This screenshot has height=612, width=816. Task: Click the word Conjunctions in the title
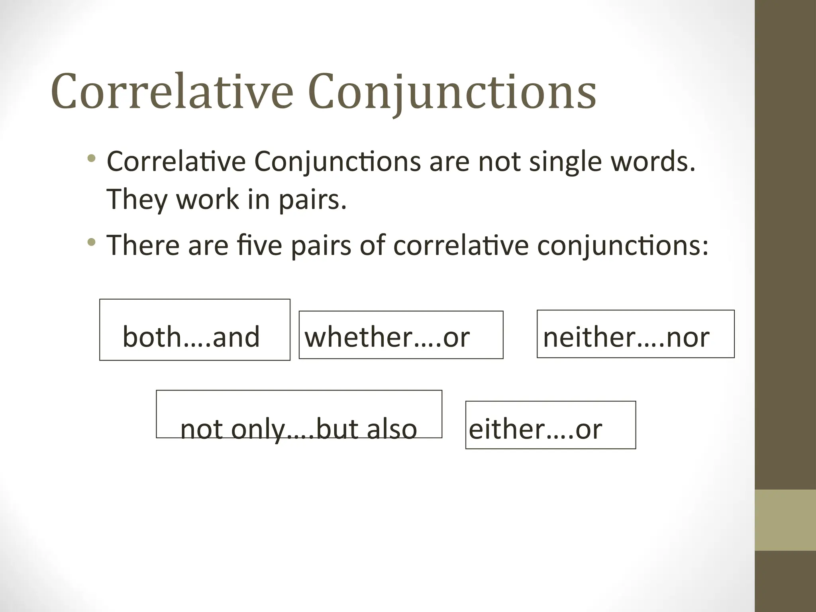(452, 92)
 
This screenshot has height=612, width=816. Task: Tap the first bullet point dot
(92, 159)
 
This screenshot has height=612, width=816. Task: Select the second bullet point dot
(92, 242)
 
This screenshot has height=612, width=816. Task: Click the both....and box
(195, 330)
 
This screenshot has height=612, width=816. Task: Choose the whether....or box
(401, 335)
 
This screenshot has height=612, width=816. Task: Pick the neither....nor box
(636, 334)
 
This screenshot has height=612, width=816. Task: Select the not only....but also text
(299, 429)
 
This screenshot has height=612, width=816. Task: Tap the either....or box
(550, 425)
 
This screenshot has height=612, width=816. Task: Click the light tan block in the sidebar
(785, 520)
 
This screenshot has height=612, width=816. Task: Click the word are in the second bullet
(208, 245)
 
